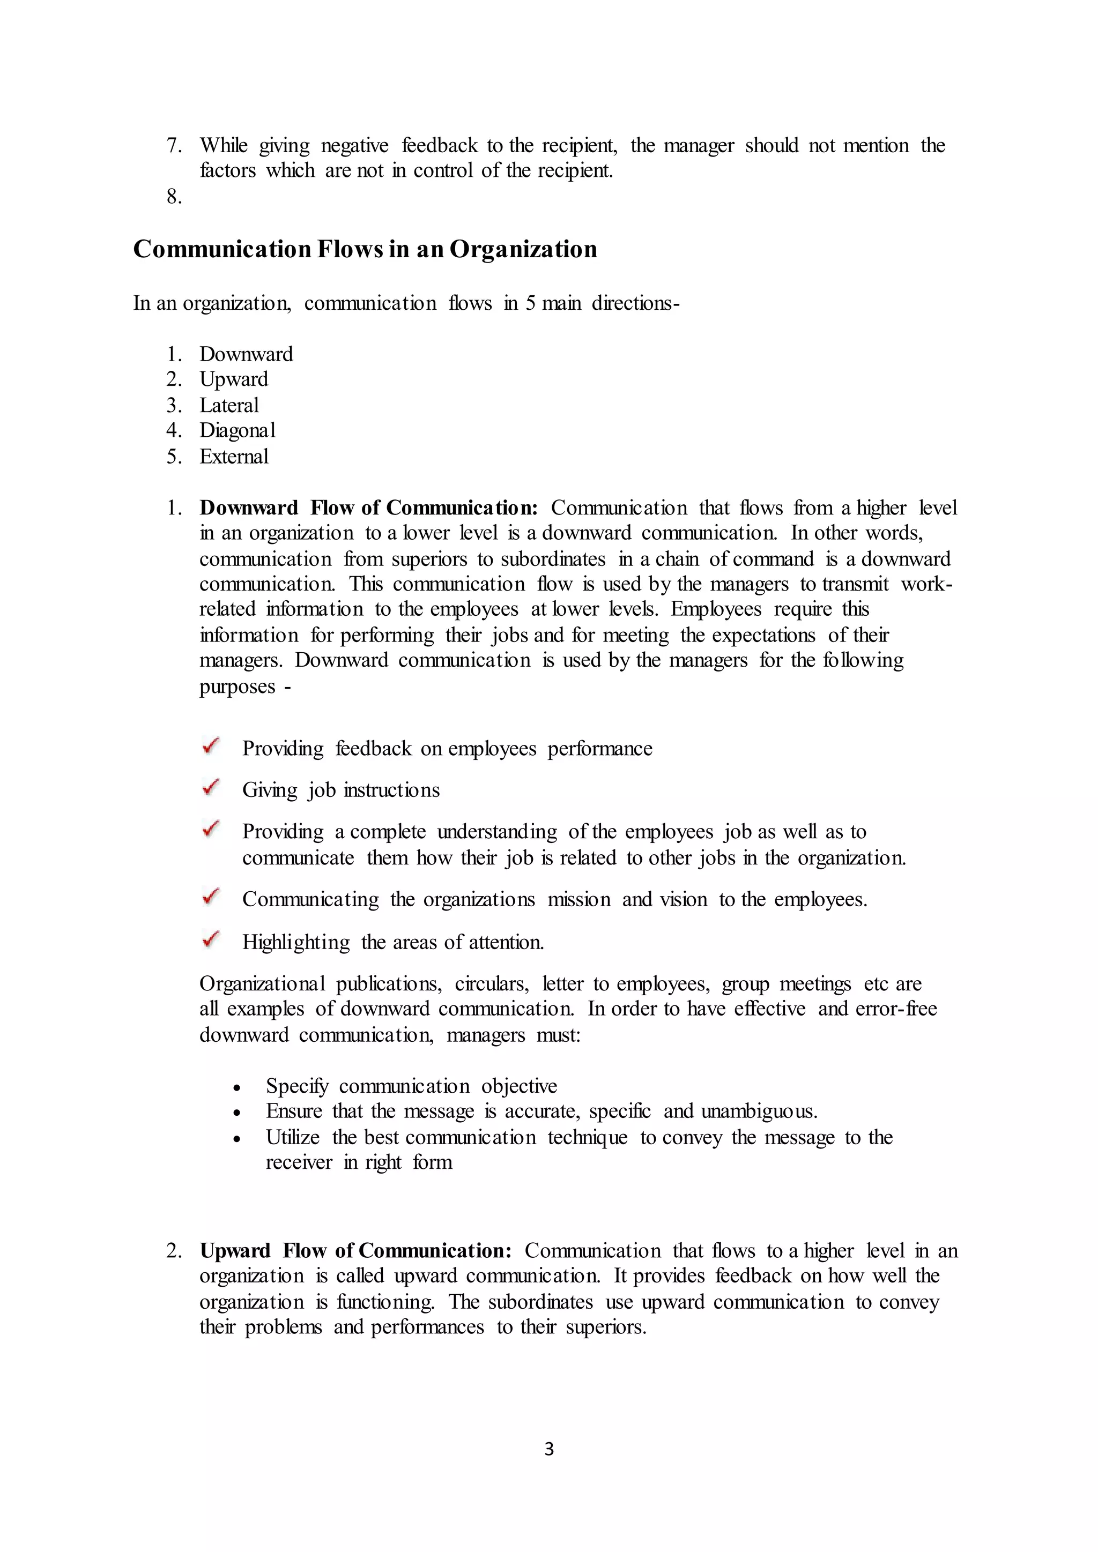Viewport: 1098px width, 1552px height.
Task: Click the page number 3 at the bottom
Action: [548, 1449]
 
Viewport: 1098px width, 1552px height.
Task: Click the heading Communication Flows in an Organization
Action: [365, 249]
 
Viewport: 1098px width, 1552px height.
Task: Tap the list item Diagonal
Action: [238, 430]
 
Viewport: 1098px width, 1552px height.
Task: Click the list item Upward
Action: [233, 379]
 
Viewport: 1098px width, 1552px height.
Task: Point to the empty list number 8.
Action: [174, 197]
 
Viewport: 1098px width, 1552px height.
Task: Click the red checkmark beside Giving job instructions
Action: [211, 787]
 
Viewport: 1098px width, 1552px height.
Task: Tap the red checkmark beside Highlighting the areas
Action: [211, 939]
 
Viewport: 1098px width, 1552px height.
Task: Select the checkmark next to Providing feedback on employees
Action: [211, 747]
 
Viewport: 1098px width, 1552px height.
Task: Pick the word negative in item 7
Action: [354, 145]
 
